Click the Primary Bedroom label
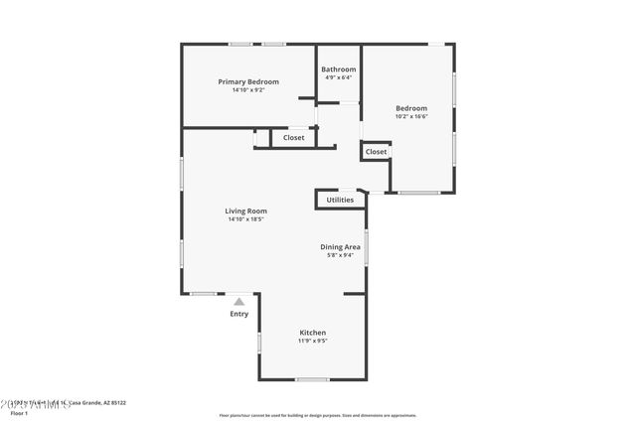(x=248, y=81)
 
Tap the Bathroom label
(x=338, y=70)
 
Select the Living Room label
(x=245, y=211)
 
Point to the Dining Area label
(x=340, y=246)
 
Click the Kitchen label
(x=313, y=333)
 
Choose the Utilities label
(x=340, y=200)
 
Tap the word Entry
(x=239, y=314)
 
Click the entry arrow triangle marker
(x=238, y=301)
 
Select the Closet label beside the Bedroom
(x=376, y=151)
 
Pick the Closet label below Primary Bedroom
(x=294, y=138)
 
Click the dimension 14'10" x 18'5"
(x=245, y=218)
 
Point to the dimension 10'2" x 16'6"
(x=411, y=116)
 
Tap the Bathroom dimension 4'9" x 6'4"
(x=338, y=77)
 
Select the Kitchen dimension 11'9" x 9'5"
(x=313, y=341)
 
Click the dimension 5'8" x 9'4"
(x=340, y=254)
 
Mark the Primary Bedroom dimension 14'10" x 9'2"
(x=248, y=89)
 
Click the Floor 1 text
(x=19, y=412)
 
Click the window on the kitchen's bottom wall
(x=312, y=379)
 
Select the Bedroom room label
(x=411, y=108)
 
